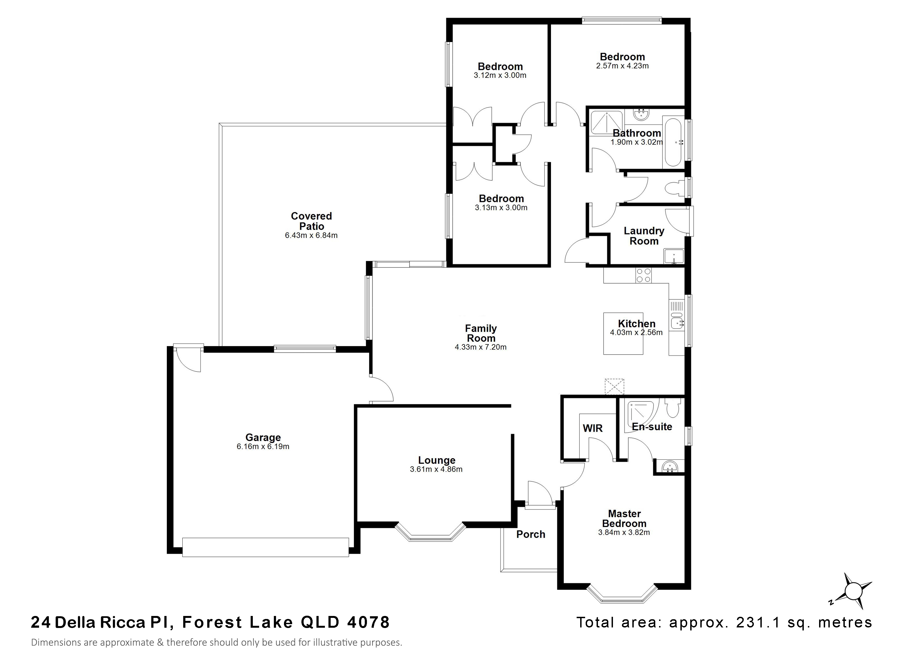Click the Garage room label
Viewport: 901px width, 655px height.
(x=263, y=437)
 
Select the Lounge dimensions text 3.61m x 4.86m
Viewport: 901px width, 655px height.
(x=436, y=469)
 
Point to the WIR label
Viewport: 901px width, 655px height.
(x=593, y=428)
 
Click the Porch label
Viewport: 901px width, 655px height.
(x=531, y=534)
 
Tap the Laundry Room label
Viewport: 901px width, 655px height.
(x=644, y=236)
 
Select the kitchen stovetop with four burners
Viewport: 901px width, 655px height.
(x=644, y=275)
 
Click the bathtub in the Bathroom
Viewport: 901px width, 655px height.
(x=672, y=142)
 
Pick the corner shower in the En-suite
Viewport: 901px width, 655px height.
(x=641, y=415)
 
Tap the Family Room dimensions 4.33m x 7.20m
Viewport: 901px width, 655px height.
(x=481, y=347)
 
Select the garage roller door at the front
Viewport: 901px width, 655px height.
(x=265, y=547)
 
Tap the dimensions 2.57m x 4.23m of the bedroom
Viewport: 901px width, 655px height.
(x=622, y=66)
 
